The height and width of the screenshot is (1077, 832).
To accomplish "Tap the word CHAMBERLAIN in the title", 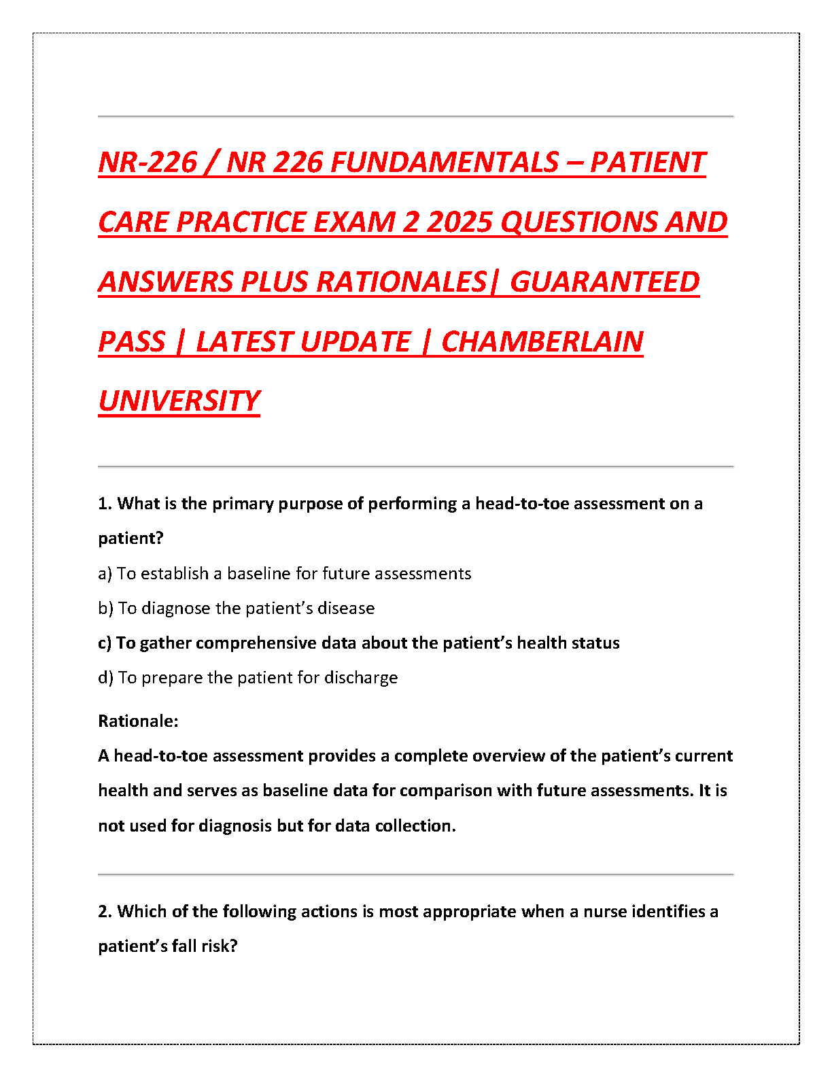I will tap(542, 342).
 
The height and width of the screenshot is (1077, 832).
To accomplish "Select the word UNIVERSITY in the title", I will tap(179, 401).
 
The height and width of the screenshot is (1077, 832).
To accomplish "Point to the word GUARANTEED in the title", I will tap(604, 282).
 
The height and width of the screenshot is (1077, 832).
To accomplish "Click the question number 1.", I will tap(104, 504).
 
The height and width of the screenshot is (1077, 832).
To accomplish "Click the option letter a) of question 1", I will tap(105, 574).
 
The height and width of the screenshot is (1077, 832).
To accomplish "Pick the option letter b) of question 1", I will tap(105, 609).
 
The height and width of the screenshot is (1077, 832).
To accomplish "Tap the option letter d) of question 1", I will tap(105, 678).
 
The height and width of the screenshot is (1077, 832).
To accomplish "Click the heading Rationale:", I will tap(138, 721).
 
